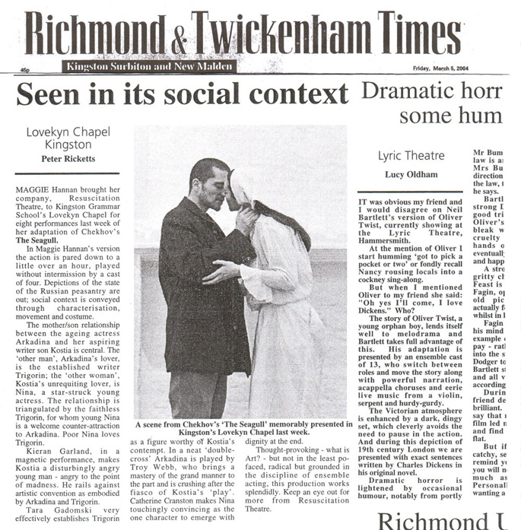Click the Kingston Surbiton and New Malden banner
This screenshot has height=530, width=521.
(x=150, y=66)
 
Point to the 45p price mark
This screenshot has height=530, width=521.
(x=24, y=70)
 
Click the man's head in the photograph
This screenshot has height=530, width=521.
(x=208, y=179)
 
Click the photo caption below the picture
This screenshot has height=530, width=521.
(x=240, y=430)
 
